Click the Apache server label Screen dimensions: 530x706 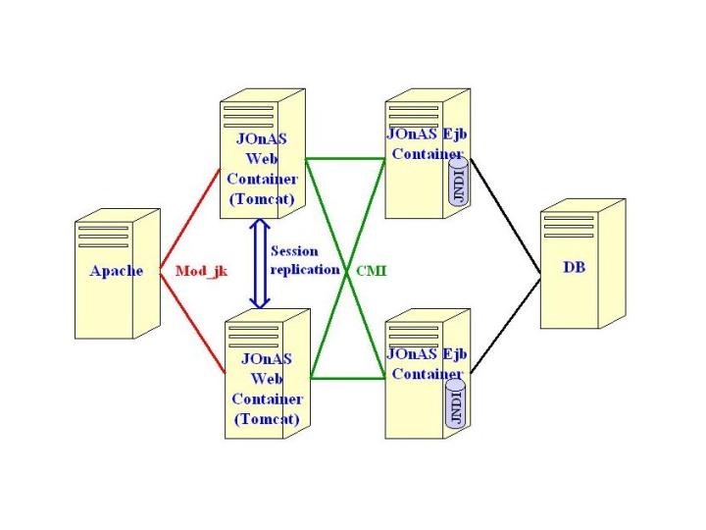pyautogui.click(x=116, y=271)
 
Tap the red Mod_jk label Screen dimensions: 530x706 pyautogui.click(x=200, y=271)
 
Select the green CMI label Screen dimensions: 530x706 pyautogui.click(x=370, y=270)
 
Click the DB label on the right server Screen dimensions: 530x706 pyautogui.click(x=575, y=266)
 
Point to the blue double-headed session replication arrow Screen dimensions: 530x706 pyautogui.click(x=260, y=264)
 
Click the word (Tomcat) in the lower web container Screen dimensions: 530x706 pyautogui.click(x=267, y=419)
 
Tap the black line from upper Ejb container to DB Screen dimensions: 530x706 pyautogui.click(x=505, y=215)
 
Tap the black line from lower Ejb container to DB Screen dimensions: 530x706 pyautogui.click(x=505, y=324)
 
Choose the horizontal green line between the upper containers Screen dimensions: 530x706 pyautogui.click(x=343, y=158)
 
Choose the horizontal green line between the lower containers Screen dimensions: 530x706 pyautogui.click(x=348, y=376)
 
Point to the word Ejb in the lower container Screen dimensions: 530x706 pyautogui.click(x=452, y=354)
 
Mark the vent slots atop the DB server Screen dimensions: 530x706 pyautogui.click(x=569, y=226)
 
